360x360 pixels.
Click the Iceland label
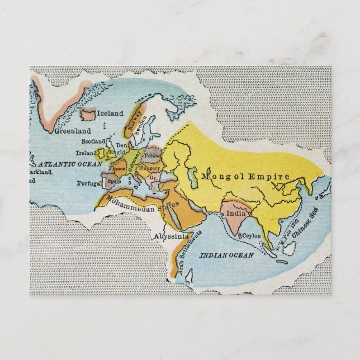coord(111,113)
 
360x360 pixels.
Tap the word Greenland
coord(73,131)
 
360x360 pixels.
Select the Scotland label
coord(93,142)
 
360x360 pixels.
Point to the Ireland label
coord(87,153)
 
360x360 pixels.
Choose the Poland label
coord(153,155)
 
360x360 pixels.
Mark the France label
coord(117,168)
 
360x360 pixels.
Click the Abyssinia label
coord(172,236)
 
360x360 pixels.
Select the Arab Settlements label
coord(190,258)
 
